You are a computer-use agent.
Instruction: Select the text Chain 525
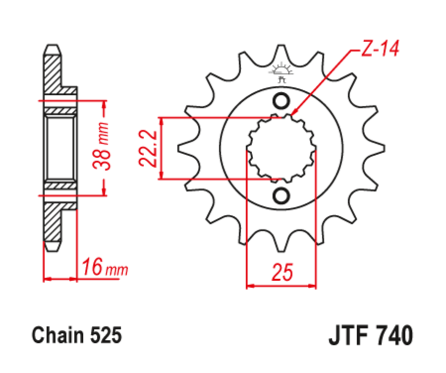76,336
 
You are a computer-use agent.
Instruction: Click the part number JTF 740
370,336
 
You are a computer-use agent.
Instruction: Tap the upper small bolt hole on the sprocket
281,101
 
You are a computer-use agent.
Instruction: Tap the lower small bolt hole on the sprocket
281,195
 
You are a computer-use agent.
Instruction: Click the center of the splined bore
281,148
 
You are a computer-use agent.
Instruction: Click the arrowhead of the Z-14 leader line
294,114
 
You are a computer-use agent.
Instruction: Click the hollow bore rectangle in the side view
60,148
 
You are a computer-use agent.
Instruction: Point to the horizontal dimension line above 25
281,286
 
